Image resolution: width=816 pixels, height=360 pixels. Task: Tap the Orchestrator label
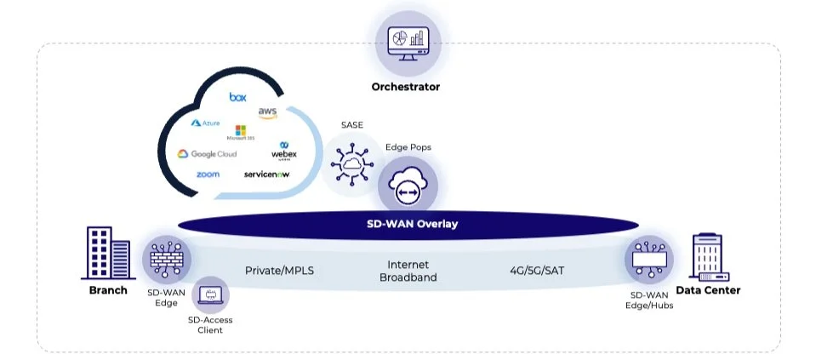[x=405, y=87]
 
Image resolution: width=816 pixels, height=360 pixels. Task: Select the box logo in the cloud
[x=237, y=97]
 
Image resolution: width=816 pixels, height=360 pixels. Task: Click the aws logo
[x=267, y=113]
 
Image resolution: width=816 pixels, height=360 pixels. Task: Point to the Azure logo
[x=205, y=123]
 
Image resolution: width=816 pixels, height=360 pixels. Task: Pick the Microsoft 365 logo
[x=240, y=133]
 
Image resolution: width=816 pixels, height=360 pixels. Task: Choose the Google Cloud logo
[x=207, y=154]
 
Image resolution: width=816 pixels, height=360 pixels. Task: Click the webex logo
[x=283, y=151]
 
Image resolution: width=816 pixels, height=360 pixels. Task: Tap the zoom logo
[x=207, y=174]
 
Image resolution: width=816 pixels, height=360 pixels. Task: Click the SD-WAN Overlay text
[x=407, y=224]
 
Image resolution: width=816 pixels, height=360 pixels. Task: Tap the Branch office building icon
[x=106, y=253]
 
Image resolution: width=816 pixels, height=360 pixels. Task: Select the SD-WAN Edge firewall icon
[x=166, y=259]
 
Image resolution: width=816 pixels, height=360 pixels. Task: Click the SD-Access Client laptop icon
[x=209, y=295]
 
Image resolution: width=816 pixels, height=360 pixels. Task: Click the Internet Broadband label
[x=408, y=271]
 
